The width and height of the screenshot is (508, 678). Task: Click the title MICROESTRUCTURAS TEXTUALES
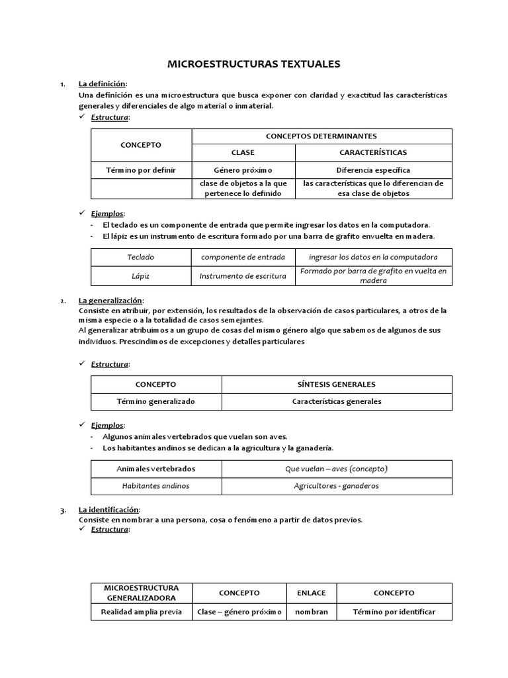[254, 64]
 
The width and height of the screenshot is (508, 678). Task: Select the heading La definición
[102, 83]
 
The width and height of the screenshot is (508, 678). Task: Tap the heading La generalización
[110, 301]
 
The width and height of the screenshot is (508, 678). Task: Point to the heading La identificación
[108, 510]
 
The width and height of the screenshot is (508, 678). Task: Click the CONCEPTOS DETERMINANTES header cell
[321, 136]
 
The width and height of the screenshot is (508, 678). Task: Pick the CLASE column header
[243, 153]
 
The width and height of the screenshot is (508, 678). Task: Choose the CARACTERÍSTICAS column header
[373, 153]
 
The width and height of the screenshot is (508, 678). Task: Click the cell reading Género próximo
[243, 170]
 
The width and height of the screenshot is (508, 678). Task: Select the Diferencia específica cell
[373, 170]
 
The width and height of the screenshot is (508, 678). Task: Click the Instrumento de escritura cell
[243, 276]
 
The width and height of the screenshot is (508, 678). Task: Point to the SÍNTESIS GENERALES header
[337, 384]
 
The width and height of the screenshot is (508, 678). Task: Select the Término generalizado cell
[155, 401]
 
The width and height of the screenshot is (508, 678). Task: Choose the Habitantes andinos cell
[155, 485]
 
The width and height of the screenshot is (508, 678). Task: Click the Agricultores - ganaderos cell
[337, 485]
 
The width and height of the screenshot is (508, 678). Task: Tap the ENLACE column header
[311, 593]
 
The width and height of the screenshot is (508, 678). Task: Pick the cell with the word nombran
[311, 612]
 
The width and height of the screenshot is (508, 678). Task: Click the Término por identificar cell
[394, 612]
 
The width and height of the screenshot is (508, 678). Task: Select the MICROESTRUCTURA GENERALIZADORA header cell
[141, 593]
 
